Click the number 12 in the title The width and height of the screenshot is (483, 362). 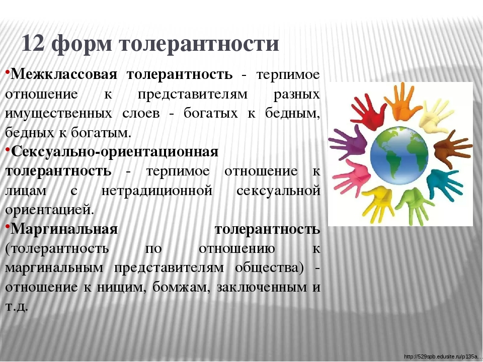pos(33,43)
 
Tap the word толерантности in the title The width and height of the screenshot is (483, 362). pos(199,43)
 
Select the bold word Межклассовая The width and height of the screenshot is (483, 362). pos(64,74)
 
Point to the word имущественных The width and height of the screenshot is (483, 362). pos(58,114)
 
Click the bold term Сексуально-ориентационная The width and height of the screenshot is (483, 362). pos(115,152)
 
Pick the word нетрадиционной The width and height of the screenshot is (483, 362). pos(157,191)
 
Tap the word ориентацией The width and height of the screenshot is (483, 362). pos(50,211)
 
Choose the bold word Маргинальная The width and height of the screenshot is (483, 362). pos(64,229)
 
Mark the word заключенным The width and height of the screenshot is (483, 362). pos(262,288)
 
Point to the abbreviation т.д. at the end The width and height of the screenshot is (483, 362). pos(17,307)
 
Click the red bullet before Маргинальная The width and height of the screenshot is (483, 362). pos(8,226)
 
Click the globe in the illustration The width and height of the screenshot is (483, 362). pos(399,156)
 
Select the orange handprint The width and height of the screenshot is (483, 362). pos(401,101)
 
